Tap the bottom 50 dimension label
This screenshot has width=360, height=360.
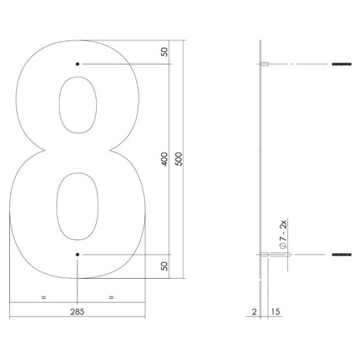(x=165, y=266)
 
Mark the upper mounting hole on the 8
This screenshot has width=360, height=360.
(x=77, y=64)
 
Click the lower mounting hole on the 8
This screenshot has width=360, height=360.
(x=77, y=254)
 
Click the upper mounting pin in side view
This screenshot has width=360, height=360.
(x=263, y=64)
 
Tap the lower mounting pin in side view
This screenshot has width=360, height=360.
(x=263, y=254)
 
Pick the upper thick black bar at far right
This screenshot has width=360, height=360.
(x=341, y=64)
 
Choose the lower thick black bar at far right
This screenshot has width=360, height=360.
(x=341, y=254)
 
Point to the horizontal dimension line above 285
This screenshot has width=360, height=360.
(x=77, y=303)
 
